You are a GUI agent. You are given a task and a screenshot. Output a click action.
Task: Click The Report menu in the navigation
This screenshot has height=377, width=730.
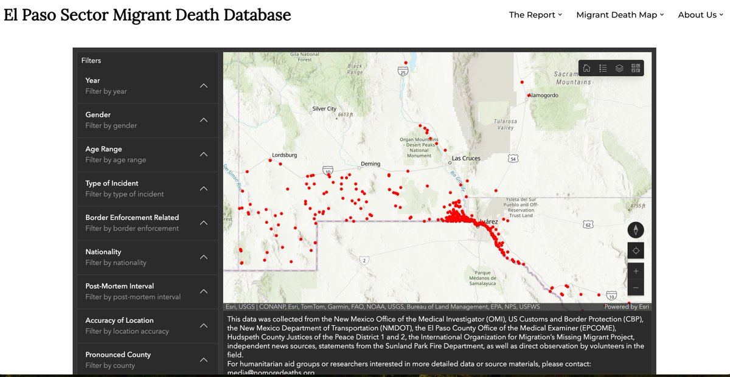[x=535, y=15]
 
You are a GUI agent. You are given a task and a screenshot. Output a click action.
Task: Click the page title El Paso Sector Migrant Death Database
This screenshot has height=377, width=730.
[x=147, y=15]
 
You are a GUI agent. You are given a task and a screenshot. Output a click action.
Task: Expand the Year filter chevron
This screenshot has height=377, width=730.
[x=204, y=86]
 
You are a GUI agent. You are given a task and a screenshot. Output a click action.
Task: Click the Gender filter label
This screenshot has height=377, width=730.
[x=98, y=114]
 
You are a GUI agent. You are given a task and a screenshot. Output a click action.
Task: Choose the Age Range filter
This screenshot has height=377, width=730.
[x=103, y=149]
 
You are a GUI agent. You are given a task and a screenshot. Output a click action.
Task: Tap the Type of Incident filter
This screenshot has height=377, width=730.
[x=112, y=183]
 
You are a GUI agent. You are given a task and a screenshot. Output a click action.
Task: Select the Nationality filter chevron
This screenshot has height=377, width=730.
[x=204, y=257]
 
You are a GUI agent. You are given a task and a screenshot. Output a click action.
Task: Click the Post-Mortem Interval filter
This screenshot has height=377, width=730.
[x=119, y=286]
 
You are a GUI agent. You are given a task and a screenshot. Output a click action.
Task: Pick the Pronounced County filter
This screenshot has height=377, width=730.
[x=118, y=355]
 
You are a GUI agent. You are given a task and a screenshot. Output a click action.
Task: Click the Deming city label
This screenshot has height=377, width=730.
[x=370, y=164]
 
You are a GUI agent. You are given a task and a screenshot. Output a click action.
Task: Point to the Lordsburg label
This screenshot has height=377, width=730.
[x=284, y=155]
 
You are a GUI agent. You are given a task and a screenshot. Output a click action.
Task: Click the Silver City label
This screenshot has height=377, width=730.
[x=324, y=109]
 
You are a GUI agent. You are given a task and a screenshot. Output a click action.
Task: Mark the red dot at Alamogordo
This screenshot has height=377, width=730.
[x=529, y=95]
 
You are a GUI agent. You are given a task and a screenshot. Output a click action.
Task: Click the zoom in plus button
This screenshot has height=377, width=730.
[x=636, y=271]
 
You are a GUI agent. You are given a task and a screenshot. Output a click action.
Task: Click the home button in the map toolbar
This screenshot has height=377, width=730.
[x=586, y=68]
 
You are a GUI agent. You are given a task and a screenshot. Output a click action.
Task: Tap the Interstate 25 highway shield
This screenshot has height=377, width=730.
[x=402, y=72]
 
